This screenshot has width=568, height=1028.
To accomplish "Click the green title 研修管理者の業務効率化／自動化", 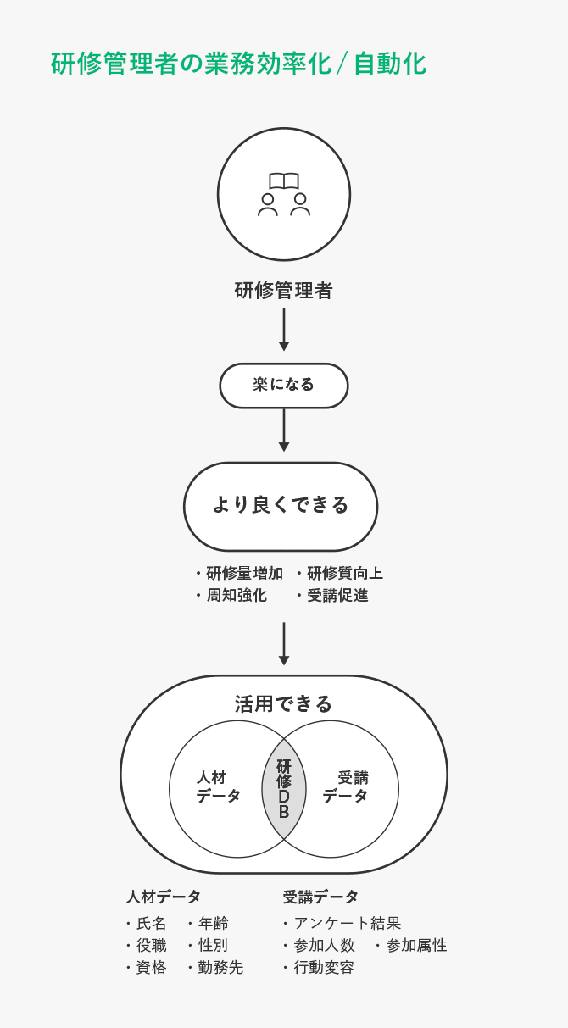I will pyautogui.click(x=238, y=64).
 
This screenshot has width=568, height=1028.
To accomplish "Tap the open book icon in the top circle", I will pyautogui.click(x=284, y=181).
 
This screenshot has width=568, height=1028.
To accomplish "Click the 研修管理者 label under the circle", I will pyautogui.click(x=283, y=291).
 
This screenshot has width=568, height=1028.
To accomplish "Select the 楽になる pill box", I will pyautogui.click(x=284, y=385).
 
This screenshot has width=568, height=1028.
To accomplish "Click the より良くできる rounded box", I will pyautogui.click(x=281, y=506).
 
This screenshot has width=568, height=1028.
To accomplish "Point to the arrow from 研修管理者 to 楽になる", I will pyautogui.click(x=284, y=329).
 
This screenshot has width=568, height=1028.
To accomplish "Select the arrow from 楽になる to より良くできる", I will pyautogui.click(x=284, y=430).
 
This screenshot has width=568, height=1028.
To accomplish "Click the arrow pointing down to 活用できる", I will pyautogui.click(x=284, y=643).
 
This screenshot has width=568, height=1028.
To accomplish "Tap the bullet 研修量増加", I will pyautogui.click(x=244, y=574).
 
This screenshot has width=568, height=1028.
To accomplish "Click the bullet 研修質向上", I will pyautogui.click(x=344, y=574).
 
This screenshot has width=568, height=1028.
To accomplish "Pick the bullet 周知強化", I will pyautogui.click(x=236, y=596).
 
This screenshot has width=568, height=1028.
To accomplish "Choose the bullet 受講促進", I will pyautogui.click(x=337, y=596).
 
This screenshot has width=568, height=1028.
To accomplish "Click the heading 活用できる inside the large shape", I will pyautogui.click(x=283, y=703).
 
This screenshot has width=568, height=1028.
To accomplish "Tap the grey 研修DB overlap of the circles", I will pyautogui.click(x=284, y=789).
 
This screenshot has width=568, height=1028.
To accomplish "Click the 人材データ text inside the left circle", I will pyautogui.click(x=218, y=787).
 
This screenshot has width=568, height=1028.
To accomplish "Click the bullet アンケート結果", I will pyautogui.click(x=347, y=924).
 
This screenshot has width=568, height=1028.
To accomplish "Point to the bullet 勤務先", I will pyautogui.click(x=220, y=968).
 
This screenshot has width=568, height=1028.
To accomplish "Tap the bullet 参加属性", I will pyautogui.click(x=416, y=946).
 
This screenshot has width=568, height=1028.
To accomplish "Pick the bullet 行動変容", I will pyautogui.click(x=324, y=968).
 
